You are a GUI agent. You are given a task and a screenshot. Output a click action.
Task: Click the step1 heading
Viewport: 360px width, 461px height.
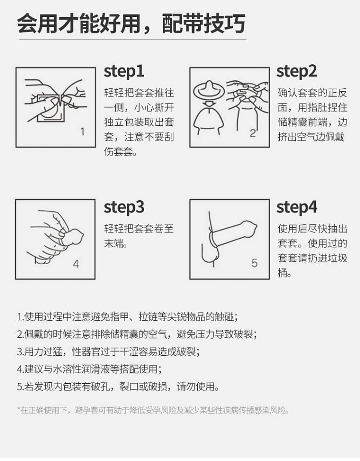click(x=124, y=72)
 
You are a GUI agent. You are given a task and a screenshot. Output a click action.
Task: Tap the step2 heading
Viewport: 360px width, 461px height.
click(x=297, y=72)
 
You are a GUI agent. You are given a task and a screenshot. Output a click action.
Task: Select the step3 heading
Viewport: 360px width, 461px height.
click(x=124, y=207)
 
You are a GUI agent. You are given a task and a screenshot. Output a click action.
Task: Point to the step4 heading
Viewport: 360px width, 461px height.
click(x=297, y=207)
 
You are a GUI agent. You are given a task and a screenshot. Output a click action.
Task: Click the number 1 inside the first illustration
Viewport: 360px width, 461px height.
click(x=83, y=132)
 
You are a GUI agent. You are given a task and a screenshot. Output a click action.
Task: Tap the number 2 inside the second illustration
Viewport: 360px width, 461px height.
click(x=253, y=133)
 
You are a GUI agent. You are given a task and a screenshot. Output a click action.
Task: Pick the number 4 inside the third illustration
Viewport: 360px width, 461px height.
click(x=76, y=264)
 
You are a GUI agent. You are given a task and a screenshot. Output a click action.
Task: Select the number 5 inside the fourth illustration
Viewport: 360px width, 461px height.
click(x=254, y=263)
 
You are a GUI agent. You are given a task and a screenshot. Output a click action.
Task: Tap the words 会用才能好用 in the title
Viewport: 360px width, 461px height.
click(x=78, y=24)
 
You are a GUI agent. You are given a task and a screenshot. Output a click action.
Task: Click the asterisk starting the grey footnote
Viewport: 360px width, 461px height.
click(x=19, y=409)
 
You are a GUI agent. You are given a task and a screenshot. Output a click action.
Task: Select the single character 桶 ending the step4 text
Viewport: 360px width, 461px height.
click(x=282, y=273)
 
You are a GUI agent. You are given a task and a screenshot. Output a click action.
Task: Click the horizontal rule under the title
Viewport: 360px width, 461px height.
click(x=132, y=40)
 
